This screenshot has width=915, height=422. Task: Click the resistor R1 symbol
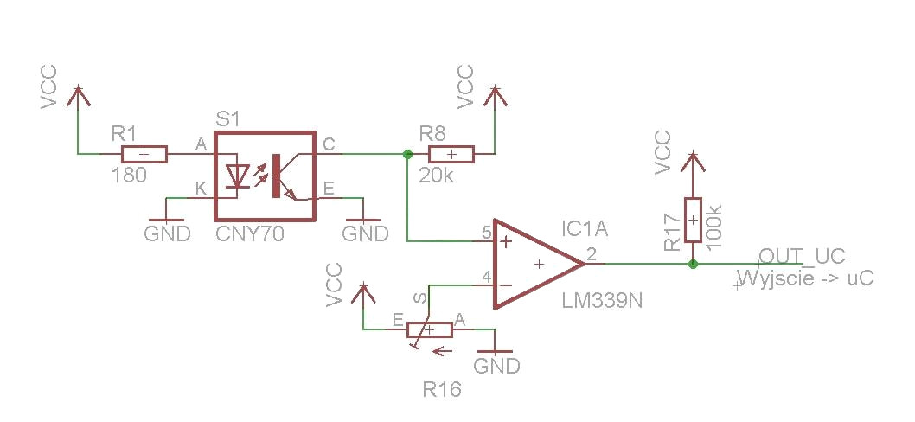point(144,154)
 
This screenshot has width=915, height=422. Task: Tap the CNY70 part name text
point(250,234)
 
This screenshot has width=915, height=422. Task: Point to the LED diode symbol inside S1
point(237,175)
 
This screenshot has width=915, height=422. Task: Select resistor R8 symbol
point(451,154)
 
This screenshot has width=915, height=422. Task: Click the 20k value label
point(436,175)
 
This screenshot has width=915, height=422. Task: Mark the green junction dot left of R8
point(407,154)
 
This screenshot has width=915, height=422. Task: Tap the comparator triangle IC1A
point(539,264)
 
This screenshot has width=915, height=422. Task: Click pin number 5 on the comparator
point(487,233)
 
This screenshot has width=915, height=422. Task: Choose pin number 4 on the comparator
point(487,276)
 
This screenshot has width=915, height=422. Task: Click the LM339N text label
point(602,301)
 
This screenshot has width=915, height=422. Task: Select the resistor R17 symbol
point(693,220)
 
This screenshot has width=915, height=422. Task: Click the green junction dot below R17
point(693,264)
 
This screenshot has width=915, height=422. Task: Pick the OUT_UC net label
point(802,256)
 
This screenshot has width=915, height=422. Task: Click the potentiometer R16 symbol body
point(430,329)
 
